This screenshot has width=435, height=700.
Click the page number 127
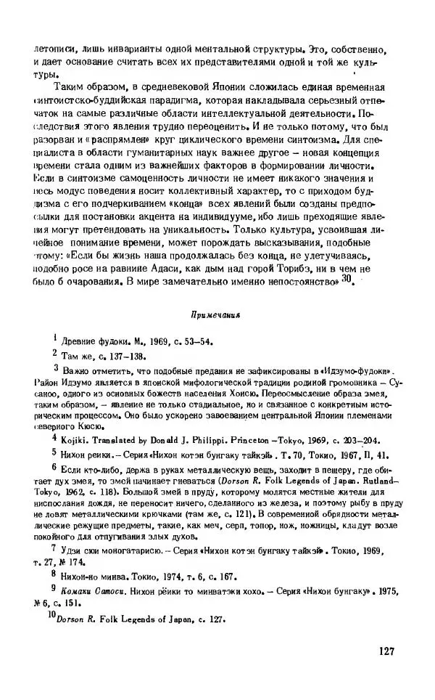(x=385, y=651)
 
